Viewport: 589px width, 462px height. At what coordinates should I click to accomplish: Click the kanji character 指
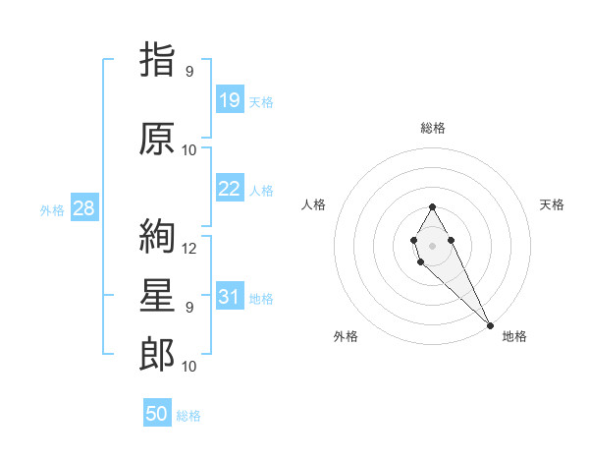point(157,60)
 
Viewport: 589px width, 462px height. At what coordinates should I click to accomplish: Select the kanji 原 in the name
point(157,139)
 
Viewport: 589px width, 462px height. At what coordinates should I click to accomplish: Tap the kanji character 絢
point(157,236)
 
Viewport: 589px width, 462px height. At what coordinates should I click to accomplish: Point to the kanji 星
point(157,297)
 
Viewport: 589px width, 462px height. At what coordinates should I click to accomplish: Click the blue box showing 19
point(230,100)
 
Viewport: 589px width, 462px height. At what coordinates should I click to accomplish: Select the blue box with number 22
point(230,189)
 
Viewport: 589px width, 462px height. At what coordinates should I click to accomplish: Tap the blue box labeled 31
point(230,298)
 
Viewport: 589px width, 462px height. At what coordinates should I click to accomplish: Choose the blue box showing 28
point(83,208)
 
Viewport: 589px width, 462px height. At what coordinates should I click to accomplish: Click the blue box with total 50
point(157,414)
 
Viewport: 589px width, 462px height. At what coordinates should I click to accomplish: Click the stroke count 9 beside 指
point(189,72)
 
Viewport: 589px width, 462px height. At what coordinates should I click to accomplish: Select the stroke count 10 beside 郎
point(189,367)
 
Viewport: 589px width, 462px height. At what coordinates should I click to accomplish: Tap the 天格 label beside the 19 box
point(261,101)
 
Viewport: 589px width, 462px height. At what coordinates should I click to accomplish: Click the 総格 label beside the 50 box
point(188,416)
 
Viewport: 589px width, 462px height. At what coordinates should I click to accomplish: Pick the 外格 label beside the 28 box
point(52,209)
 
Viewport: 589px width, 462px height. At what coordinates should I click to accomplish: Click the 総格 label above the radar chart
point(433,128)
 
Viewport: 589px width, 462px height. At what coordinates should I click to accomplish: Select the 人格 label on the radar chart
point(314,204)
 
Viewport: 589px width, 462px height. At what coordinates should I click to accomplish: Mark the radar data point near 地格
point(490,325)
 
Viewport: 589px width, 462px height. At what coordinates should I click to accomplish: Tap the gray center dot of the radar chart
point(432,244)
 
